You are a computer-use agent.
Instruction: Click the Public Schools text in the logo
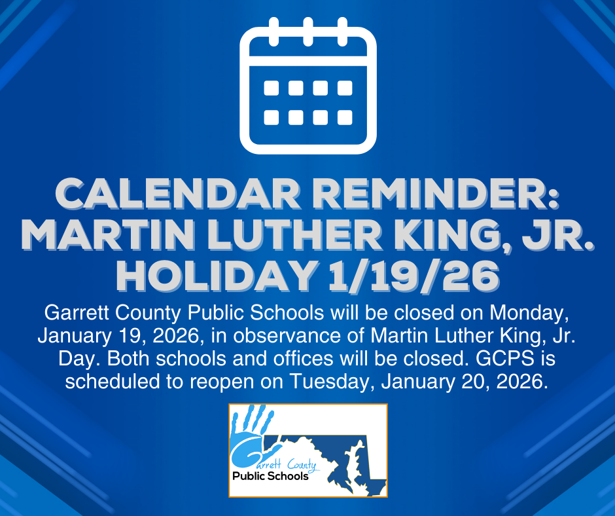270,476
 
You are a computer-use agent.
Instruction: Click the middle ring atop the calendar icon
308,31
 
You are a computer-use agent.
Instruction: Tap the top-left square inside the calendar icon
270,88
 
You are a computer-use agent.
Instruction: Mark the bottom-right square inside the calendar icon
345,117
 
